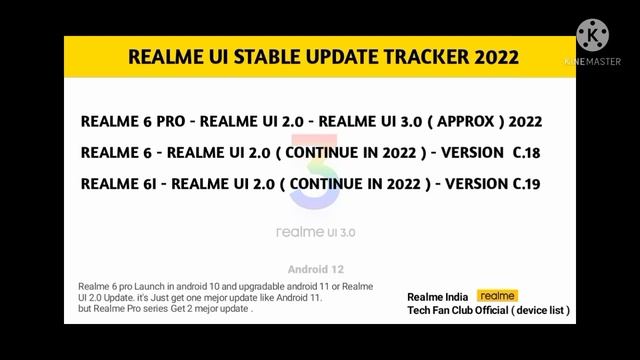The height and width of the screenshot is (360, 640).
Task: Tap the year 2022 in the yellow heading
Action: point(491,57)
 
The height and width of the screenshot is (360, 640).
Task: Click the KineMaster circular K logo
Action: point(593,35)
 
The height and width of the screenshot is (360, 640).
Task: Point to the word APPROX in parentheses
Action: point(465,121)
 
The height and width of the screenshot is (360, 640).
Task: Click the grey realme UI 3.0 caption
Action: point(315,232)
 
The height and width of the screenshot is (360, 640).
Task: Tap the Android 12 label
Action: point(315,270)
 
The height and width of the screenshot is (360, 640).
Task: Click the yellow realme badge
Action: point(497,296)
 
